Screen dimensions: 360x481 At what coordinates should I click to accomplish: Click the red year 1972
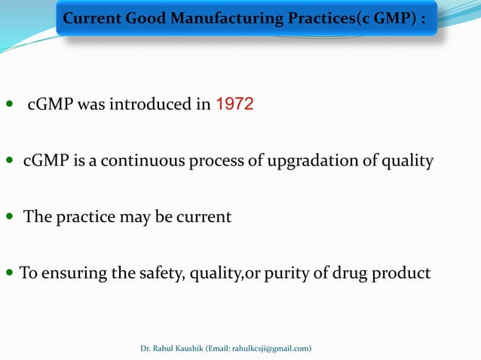point(234,105)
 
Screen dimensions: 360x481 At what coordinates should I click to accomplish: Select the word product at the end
point(404,273)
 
